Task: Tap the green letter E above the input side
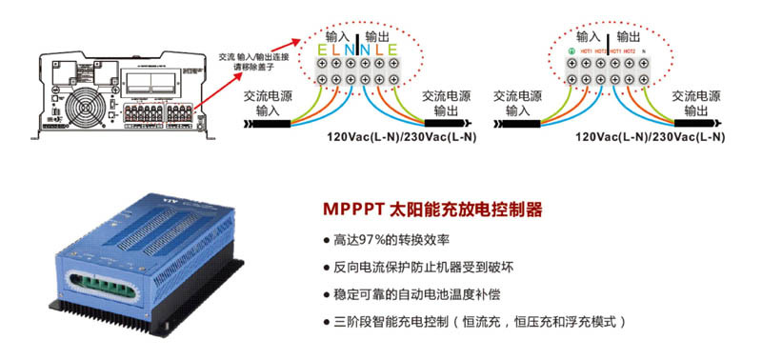pos(324,50)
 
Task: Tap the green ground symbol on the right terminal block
pos(570,50)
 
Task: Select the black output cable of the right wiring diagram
pos(692,122)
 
